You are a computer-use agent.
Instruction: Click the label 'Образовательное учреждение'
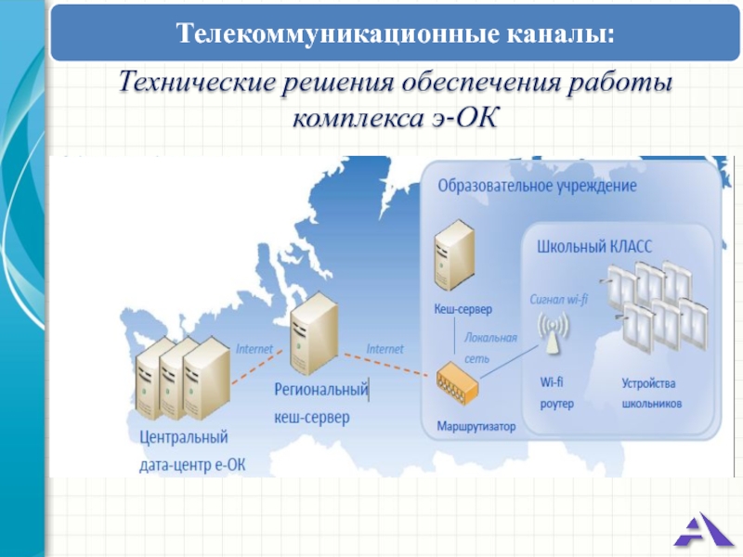(537, 186)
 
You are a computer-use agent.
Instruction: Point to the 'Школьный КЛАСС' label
(594, 246)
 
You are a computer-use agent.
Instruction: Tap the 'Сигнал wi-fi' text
(559, 300)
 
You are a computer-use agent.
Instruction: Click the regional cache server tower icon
(312, 331)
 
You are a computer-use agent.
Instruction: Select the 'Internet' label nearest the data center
(254, 349)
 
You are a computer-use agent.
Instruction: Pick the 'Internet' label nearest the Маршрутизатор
(385, 349)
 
